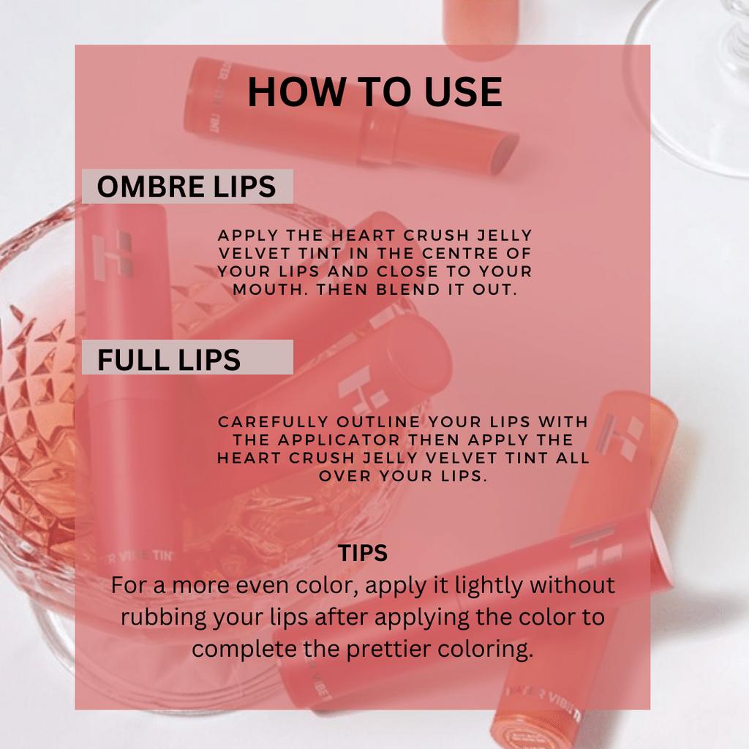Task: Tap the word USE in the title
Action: coord(463,91)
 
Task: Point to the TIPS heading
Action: coord(363,553)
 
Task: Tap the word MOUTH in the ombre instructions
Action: coord(271,290)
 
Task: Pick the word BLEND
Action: coord(408,290)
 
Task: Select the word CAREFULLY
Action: coord(274,422)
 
